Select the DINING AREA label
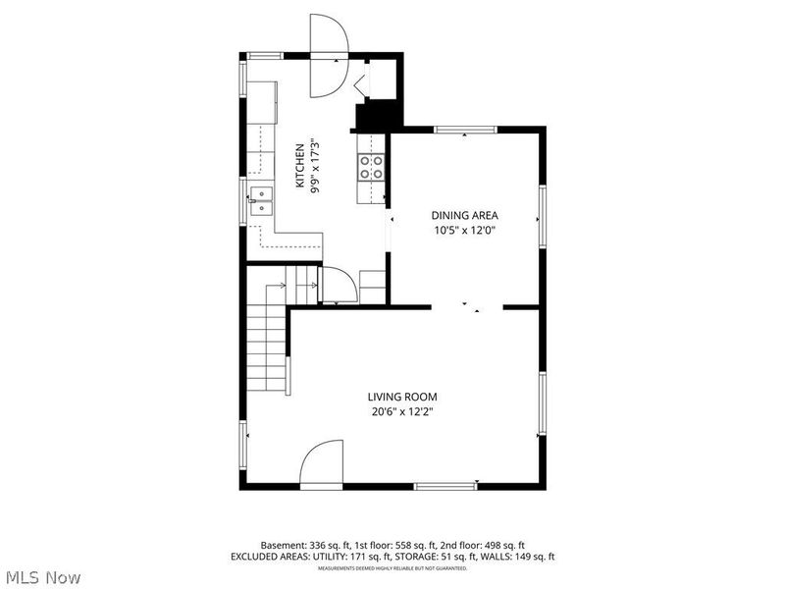tap(465, 215)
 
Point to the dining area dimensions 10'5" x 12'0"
tap(465, 231)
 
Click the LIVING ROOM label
tap(402, 397)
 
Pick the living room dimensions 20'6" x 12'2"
tap(402, 412)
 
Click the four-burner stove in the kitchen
tap(371, 168)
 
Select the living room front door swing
tap(322, 464)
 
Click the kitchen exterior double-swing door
tap(329, 57)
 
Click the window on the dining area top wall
tap(465, 129)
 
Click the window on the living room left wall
tap(243, 447)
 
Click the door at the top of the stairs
tap(339, 286)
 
